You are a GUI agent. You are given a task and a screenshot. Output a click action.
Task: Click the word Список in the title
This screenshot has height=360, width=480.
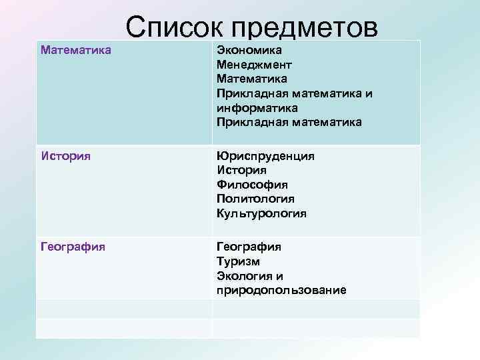tap(175, 28)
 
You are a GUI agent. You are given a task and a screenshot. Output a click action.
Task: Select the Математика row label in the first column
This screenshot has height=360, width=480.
tap(75, 50)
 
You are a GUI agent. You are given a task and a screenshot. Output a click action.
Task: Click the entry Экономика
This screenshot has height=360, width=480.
tap(249, 51)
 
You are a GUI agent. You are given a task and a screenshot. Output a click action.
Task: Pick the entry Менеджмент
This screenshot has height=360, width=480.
tap(254, 65)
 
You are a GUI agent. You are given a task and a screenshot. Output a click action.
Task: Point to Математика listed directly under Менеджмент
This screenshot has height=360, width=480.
tap(252, 79)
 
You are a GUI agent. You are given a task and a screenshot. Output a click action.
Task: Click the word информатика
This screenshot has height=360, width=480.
tap(257, 108)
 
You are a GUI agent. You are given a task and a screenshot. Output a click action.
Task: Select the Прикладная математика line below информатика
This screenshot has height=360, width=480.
tap(289, 123)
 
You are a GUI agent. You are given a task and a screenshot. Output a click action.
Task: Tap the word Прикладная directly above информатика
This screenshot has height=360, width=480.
tap(251, 94)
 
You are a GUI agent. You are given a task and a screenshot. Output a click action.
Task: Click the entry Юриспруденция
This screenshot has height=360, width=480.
tap(265, 155)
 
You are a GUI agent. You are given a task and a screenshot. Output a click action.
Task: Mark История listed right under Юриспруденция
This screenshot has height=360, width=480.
tap(242, 170)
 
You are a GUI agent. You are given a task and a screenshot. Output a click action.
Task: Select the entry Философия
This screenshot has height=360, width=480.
tap(251, 185)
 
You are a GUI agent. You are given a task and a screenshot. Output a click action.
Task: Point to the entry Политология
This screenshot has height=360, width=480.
tap(255, 199)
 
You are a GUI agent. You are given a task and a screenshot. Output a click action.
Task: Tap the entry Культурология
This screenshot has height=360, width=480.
tap(261, 213)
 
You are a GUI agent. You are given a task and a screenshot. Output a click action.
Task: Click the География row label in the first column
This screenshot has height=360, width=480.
tap(73, 247)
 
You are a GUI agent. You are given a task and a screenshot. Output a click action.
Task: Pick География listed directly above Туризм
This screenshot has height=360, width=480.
tap(249, 247)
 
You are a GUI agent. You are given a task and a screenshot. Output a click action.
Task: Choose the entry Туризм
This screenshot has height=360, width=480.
tap(238, 261)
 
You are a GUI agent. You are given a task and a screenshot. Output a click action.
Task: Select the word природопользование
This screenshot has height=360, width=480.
tap(281, 291)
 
